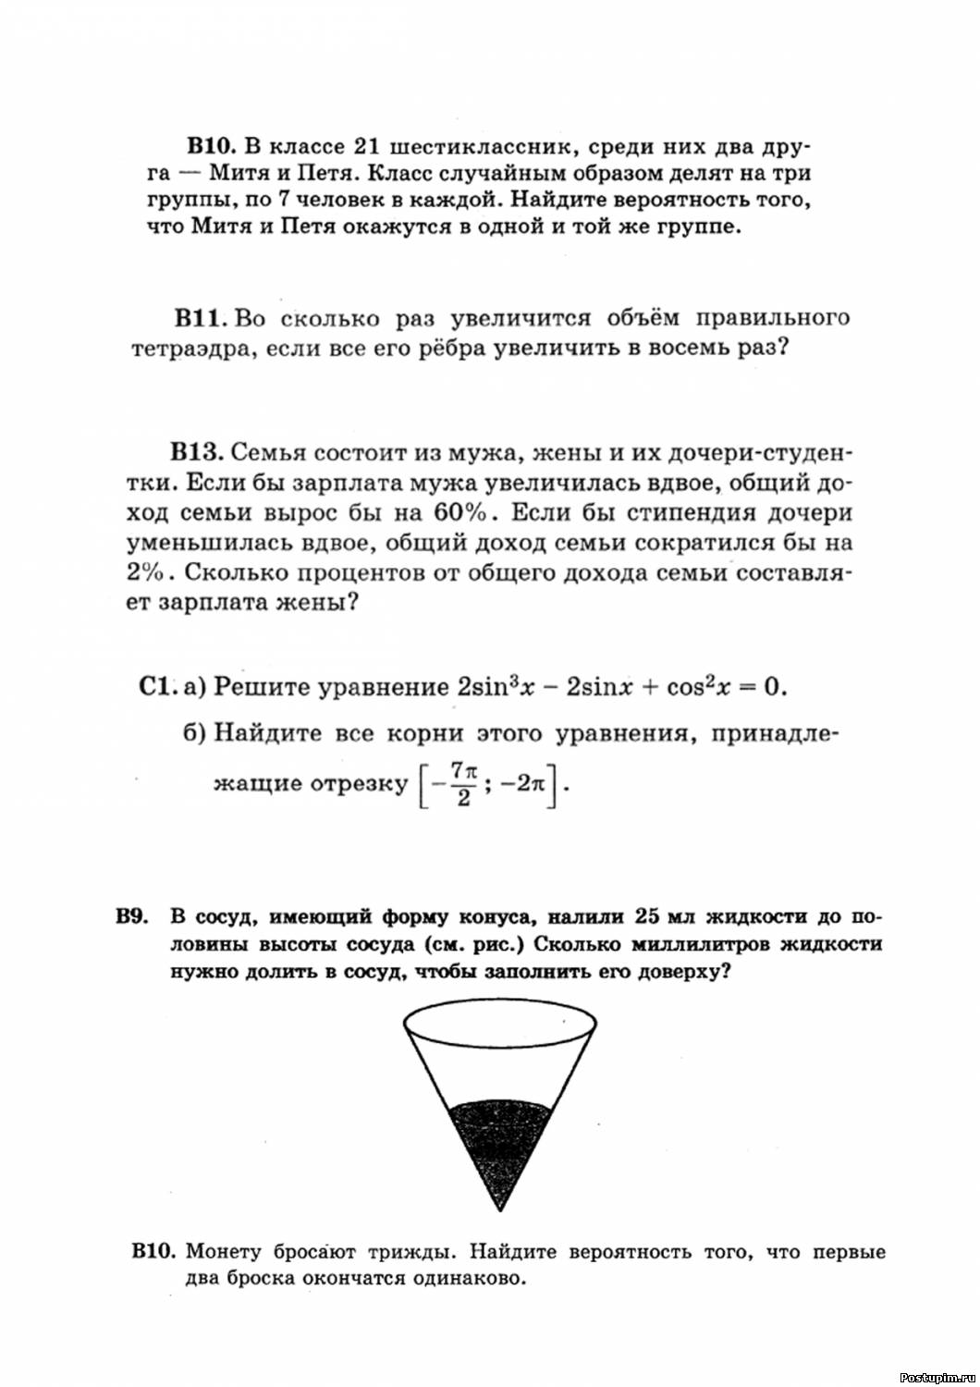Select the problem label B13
[x=196, y=452]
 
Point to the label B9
[x=132, y=917]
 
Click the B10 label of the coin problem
[x=153, y=1251]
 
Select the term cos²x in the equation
[x=698, y=686]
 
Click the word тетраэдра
[x=185, y=350]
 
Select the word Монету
[x=224, y=1251]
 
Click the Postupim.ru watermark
[x=936, y=1376]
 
